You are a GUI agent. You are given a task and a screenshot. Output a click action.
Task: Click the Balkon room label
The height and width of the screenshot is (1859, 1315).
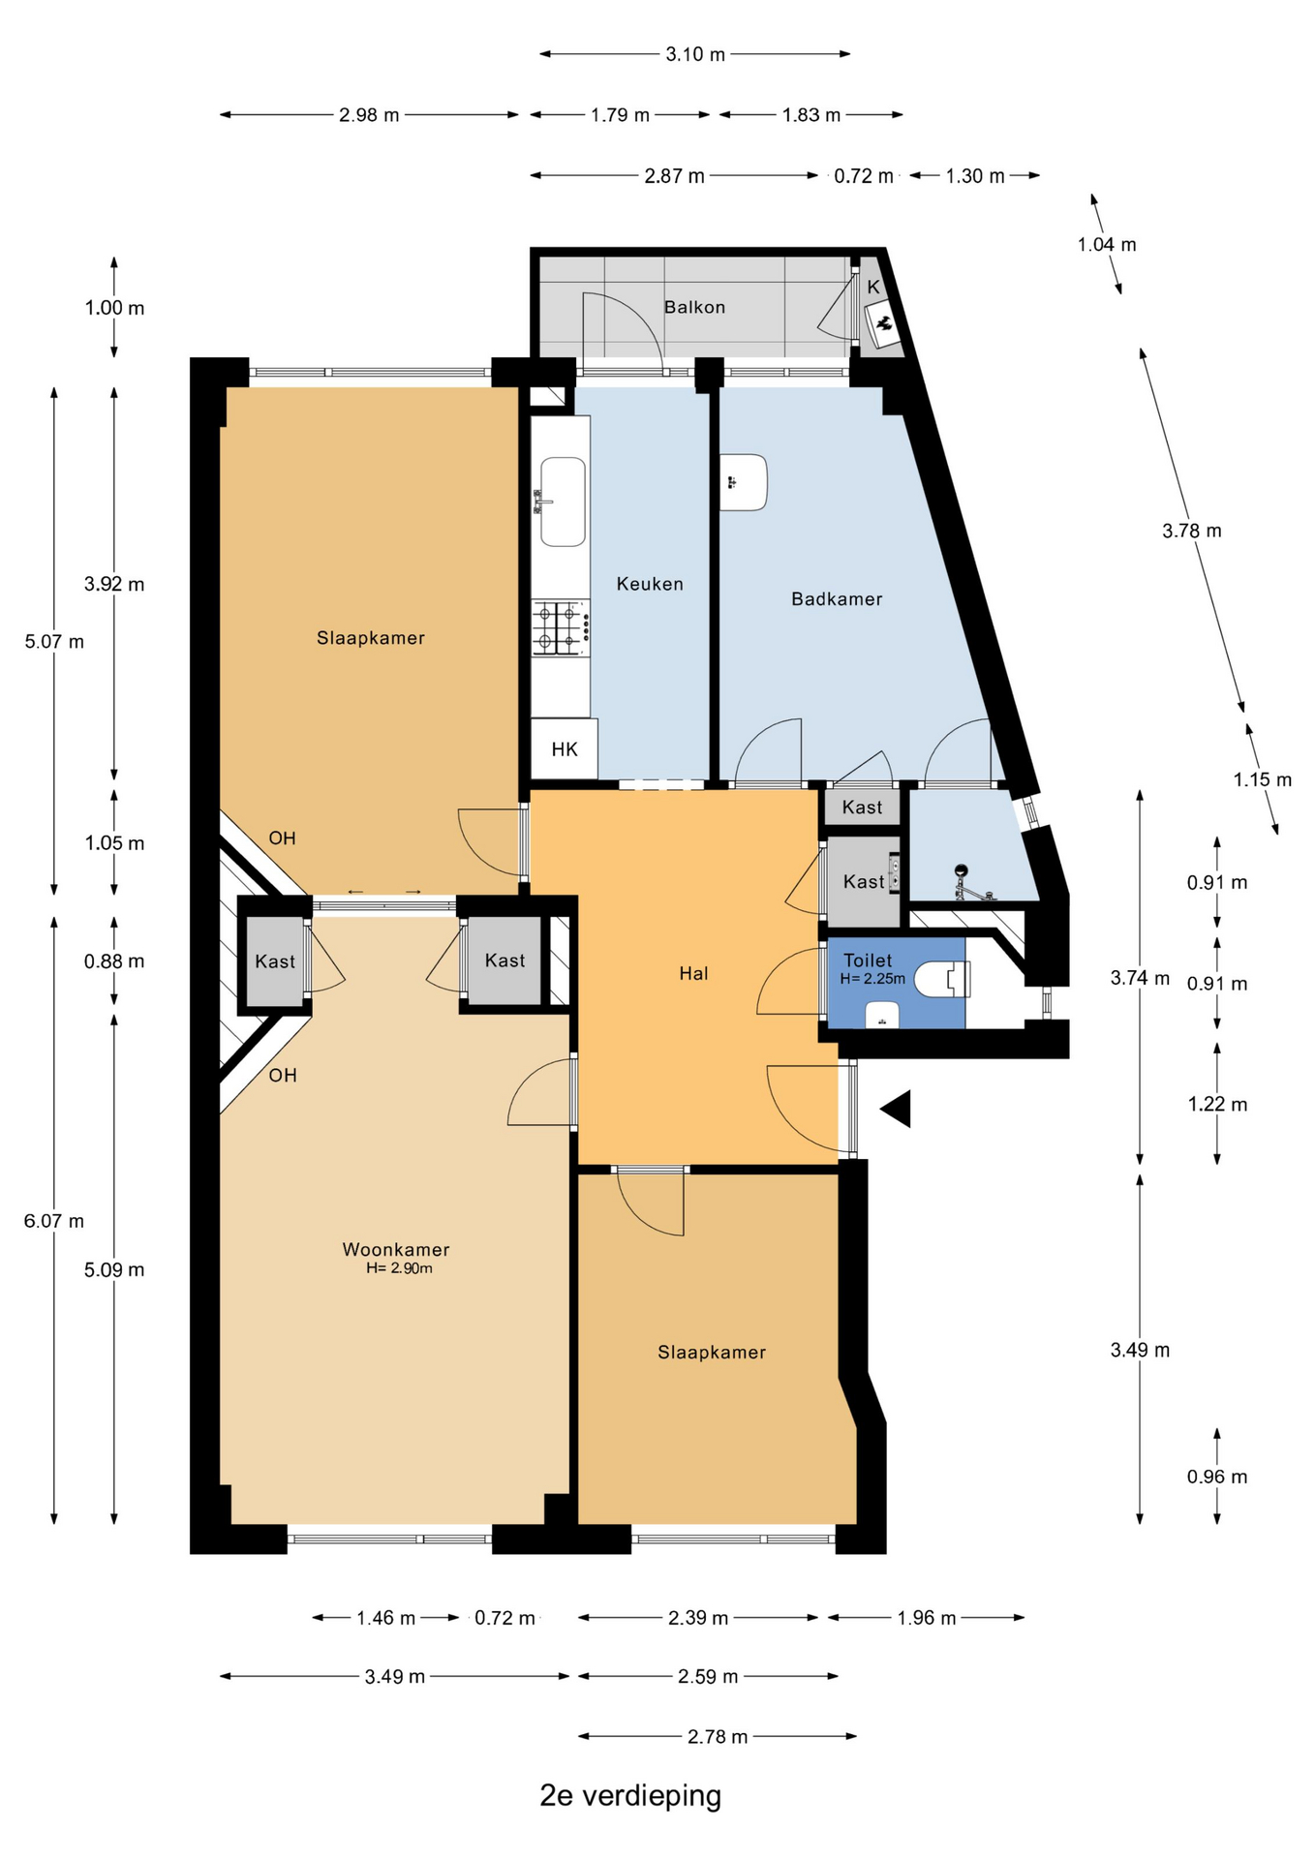click(694, 307)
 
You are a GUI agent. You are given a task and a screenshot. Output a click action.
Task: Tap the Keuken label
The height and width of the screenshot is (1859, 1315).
click(650, 584)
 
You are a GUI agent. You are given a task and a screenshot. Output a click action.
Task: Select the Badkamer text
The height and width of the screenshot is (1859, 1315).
click(837, 599)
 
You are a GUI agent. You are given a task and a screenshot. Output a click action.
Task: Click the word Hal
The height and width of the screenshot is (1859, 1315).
click(693, 973)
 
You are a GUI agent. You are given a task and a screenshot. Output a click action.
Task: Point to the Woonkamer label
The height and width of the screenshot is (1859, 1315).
click(396, 1249)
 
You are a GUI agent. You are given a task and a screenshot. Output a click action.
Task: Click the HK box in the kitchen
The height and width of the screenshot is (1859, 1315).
click(565, 748)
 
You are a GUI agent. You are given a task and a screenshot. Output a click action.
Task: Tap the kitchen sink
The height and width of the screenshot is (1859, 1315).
click(562, 502)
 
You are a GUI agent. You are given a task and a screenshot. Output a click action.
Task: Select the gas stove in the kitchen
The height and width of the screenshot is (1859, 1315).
click(561, 627)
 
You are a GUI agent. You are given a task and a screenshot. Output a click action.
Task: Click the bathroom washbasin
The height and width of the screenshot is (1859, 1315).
click(744, 481)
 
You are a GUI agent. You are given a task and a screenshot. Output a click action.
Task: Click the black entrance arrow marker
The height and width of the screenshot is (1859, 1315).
click(896, 1109)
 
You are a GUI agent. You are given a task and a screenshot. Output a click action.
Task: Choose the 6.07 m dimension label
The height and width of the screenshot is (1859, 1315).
click(54, 1221)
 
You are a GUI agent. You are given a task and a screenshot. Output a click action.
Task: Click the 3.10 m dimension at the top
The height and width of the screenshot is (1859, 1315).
click(695, 54)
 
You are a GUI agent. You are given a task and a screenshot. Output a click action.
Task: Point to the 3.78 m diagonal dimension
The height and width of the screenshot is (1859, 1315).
click(1192, 531)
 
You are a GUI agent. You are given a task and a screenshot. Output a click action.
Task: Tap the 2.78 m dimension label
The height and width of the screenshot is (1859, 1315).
click(718, 1736)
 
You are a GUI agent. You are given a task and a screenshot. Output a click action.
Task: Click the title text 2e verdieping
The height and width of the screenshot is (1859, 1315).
click(630, 1795)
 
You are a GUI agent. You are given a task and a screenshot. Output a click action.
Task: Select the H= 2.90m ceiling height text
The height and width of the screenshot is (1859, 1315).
click(399, 1268)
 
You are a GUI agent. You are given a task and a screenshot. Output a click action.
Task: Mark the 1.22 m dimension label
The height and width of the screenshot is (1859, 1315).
click(1217, 1104)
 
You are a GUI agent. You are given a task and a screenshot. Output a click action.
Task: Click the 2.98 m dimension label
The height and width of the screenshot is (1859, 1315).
click(369, 115)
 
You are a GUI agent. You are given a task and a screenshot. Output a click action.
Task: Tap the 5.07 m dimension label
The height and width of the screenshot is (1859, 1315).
click(54, 641)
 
